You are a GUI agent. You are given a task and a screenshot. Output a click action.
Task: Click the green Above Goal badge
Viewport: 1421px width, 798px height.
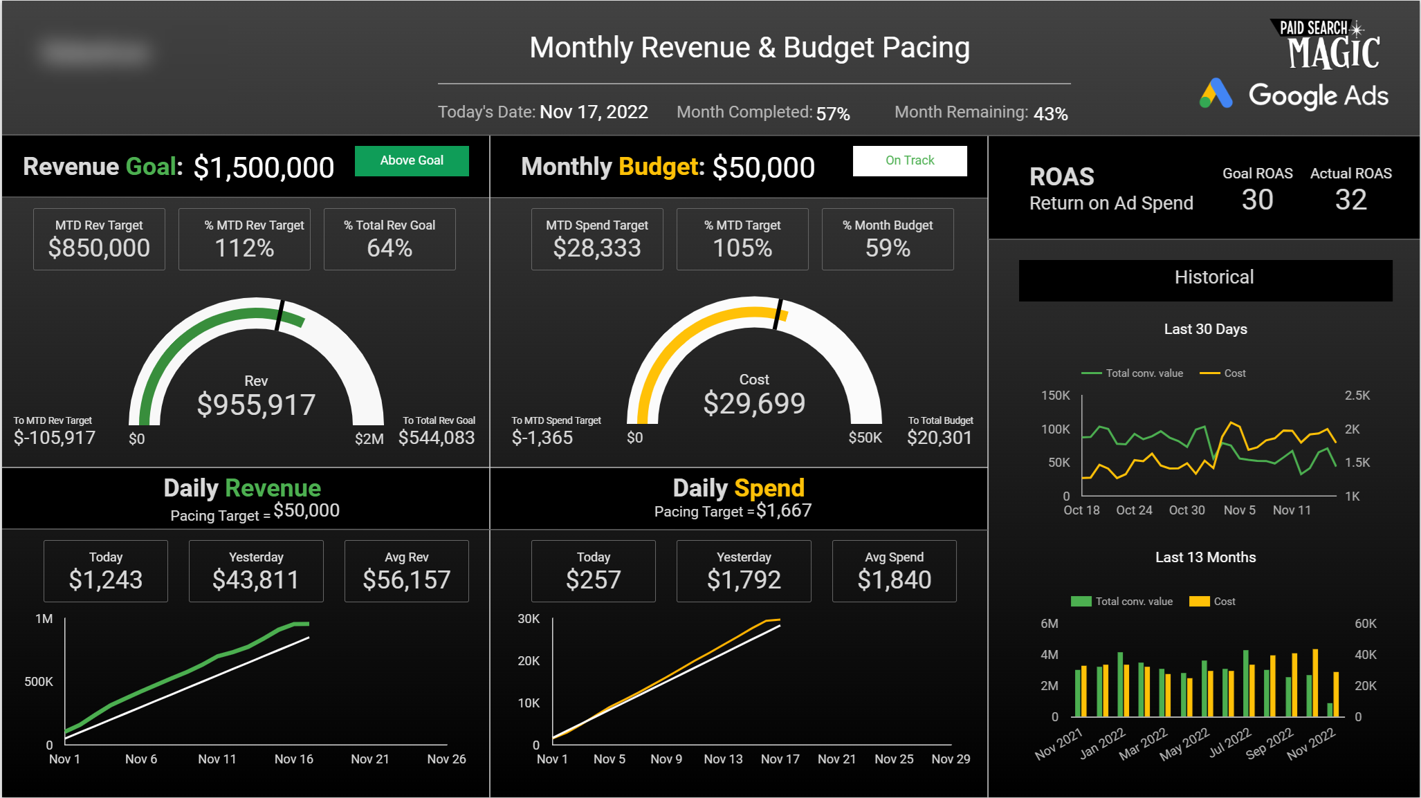[412, 160]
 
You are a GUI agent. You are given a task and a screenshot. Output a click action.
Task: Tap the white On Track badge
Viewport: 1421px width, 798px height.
[910, 160]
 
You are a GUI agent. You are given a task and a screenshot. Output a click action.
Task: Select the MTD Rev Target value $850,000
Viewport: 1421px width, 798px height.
[99, 248]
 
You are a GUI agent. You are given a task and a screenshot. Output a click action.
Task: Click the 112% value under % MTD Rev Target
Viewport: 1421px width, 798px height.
[244, 248]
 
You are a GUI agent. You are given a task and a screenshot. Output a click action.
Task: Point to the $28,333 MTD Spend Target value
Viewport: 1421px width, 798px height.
[597, 248]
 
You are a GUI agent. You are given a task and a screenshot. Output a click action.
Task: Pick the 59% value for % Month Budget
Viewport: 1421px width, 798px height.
[888, 248]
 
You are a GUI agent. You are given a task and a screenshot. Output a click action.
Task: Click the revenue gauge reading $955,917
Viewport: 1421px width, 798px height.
[256, 405]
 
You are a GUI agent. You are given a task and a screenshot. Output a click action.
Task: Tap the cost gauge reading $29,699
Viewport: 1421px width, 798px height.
[754, 403]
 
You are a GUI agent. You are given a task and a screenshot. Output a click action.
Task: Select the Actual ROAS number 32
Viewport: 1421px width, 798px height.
[1350, 200]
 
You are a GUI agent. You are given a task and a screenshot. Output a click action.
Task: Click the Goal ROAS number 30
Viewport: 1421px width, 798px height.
[1257, 200]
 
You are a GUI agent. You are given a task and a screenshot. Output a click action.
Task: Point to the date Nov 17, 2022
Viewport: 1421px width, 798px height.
[594, 112]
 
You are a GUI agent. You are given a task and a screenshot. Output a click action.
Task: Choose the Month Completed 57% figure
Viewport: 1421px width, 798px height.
[833, 113]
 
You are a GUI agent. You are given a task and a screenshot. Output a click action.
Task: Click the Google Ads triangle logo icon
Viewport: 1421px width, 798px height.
[1216, 94]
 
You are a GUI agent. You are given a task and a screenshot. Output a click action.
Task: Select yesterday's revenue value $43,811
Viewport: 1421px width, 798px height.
[256, 579]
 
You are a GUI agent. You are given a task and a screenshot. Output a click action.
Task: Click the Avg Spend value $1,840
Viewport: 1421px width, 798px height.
[894, 579]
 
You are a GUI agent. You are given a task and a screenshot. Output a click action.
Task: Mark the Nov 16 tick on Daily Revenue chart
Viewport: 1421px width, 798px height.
[294, 759]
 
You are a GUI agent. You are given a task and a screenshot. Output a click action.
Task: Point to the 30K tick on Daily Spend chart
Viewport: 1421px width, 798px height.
[529, 619]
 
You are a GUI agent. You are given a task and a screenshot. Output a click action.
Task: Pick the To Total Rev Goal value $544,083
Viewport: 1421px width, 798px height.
[437, 438]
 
